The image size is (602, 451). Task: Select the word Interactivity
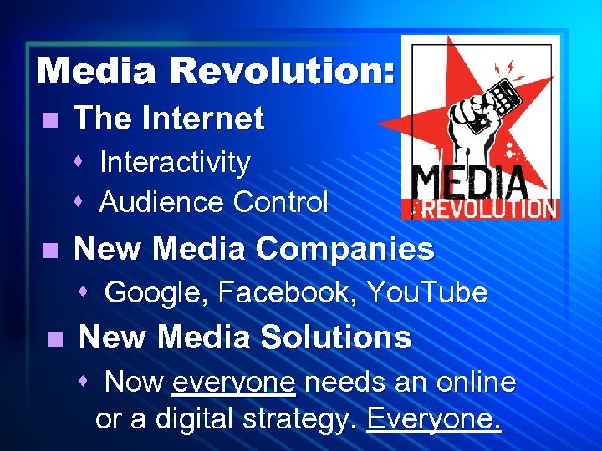pos(175,162)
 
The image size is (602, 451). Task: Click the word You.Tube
pos(427,292)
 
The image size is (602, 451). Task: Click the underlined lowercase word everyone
pos(233,383)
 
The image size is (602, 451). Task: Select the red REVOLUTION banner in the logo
pos(480,209)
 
